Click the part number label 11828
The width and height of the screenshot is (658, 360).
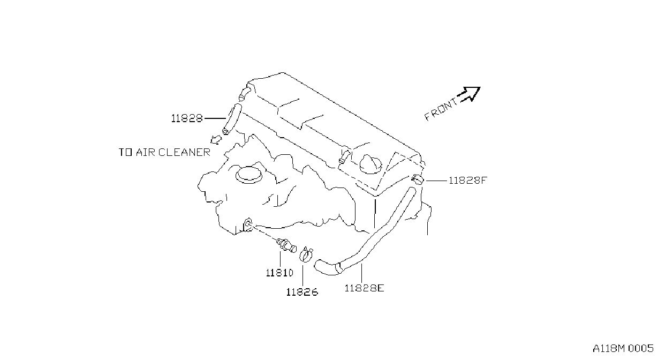coord(187,118)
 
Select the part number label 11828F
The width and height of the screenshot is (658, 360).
coord(468,180)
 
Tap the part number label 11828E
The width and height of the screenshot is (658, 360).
coord(364,288)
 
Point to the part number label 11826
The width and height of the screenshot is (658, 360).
coord(302,292)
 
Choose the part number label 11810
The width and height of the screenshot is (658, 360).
coord(279,273)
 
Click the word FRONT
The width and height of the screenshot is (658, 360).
coord(441,110)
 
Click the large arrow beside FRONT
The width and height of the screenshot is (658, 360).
coord(469,94)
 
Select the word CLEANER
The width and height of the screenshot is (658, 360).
coord(185,152)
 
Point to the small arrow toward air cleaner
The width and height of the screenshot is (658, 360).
coord(216,139)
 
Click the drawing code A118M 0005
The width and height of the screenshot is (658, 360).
coord(623,349)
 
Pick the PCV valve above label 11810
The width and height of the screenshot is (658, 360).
coord(286,245)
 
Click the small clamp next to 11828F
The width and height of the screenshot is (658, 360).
coord(418,179)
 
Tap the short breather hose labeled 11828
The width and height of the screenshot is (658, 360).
coord(232,119)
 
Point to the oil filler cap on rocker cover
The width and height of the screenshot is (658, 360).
coord(370,164)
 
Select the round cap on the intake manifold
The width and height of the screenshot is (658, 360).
coord(249,175)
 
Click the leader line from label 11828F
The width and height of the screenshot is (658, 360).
coord(436,181)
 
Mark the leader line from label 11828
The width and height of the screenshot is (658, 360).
coord(215,118)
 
